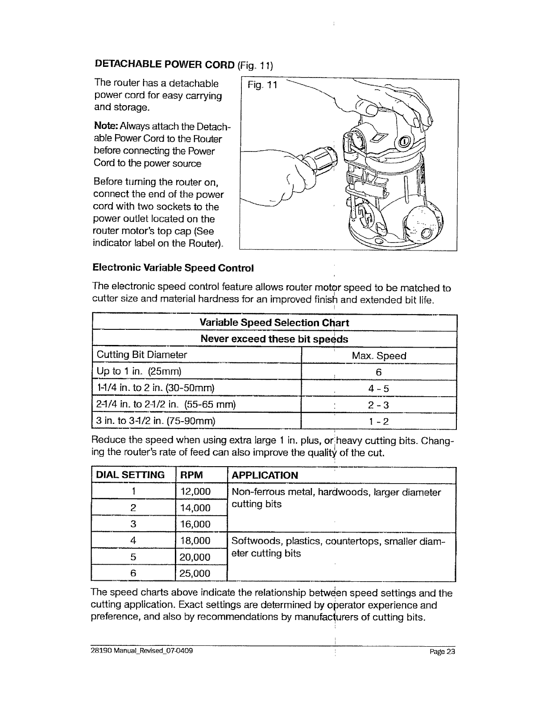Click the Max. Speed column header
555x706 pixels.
click(379, 356)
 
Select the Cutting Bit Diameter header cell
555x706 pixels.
click(142, 355)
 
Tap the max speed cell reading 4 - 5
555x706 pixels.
click(379, 389)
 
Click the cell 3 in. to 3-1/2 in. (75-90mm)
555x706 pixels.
click(156, 421)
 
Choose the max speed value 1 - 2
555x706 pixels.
click(379, 421)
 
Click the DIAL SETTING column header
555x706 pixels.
click(130, 475)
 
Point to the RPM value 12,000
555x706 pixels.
click(195, 492)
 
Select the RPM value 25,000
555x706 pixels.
click(195, 573)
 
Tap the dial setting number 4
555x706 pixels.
click(133, 541)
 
